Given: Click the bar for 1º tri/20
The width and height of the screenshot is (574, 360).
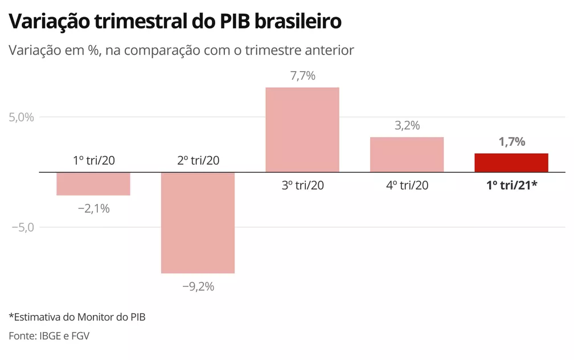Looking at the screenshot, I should pos(93,183).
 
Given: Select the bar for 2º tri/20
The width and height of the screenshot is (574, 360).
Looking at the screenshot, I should pos(198,222).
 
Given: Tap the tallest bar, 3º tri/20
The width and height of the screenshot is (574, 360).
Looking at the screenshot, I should pos(302,129).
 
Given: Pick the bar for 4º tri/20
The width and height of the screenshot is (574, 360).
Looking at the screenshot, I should pos(407,154).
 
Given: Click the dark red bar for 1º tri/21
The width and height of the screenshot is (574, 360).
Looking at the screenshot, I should pos(511,162).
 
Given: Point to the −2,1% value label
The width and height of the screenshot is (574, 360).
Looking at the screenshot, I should pos(93,209).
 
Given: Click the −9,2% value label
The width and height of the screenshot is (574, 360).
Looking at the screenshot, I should pos(198,287).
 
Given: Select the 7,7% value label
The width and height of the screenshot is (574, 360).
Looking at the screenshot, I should pos(302,76).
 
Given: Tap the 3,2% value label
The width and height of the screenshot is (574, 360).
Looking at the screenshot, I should pos(407,125).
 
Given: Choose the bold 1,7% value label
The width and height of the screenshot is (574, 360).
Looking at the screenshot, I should pos(511,142).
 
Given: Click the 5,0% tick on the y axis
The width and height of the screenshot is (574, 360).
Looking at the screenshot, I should pos(21,117).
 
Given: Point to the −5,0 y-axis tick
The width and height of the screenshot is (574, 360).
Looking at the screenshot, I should pos(23,227).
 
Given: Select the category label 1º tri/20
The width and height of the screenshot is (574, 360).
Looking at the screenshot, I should pos(93,160).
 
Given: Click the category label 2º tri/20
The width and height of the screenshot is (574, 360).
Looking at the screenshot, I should pos(198,160).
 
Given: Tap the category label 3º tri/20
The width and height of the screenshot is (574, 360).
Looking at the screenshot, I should pos(302,185).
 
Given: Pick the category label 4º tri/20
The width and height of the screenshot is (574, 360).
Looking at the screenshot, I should pos(407,185).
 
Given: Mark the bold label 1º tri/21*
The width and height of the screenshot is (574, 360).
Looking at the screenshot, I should pos(511,185).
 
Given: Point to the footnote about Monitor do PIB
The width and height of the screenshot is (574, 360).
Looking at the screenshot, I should pos(77,317).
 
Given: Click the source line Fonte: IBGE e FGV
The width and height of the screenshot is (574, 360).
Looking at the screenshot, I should pos(49,336).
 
